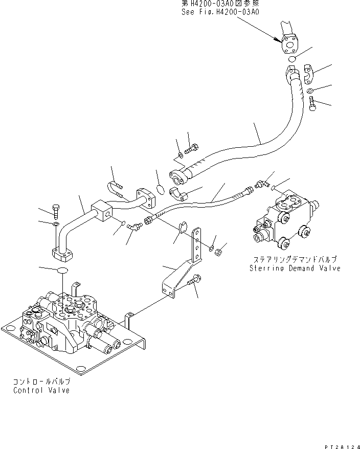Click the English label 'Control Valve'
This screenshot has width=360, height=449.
pos(41,390)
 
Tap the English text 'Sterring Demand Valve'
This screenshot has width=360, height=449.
pos(295,268)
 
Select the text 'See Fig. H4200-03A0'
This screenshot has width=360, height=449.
pos(220,12)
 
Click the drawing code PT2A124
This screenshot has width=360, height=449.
pos(342,447)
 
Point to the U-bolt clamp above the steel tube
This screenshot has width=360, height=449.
pos(116,189)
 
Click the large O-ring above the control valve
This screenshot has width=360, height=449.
pos(62,270)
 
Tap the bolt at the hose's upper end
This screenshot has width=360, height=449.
pos(312,104)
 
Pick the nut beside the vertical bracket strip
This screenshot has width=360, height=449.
pos(218,252)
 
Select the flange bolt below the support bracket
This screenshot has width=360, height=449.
pos(194,280)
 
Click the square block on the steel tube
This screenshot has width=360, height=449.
pos(102,211)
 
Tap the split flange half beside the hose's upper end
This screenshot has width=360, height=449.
pos(308,75)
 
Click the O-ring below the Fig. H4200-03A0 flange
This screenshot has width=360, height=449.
pos(291,59)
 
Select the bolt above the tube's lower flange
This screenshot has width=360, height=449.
pos(56,211)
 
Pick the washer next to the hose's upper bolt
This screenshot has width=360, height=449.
pos(309,91)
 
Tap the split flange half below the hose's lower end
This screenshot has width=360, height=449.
pos(178,194)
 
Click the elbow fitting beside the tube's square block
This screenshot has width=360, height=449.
pos(134,226)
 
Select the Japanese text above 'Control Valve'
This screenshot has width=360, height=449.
pos(41,381)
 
